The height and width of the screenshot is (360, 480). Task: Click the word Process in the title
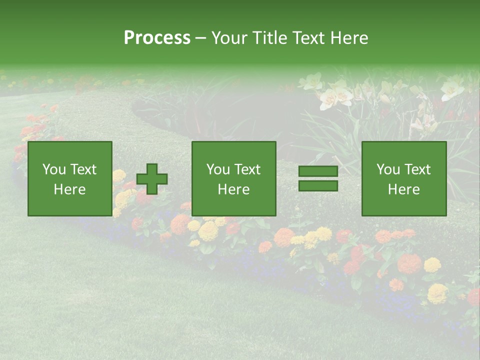pyautogui.click(x=157, y=38)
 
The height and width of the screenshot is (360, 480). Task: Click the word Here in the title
pyautogui.click(x=350, y=38)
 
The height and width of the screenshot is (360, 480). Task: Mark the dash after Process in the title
pyautogui.click(x=200, y=38)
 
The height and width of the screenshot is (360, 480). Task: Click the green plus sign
pyautogui.click(x=152, y=179)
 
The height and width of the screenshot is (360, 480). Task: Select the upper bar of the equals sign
pyautogui.click(x=318, y=171)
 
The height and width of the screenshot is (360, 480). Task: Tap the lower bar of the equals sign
pyautogui.click(x=318, y=186)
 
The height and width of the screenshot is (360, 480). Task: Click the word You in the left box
pyautogui.click(x=54, y=169)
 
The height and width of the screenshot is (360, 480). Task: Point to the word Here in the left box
pyautogui.click(x=69, y=189)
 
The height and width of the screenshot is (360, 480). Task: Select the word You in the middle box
pyautogui.click(x=218, y=169)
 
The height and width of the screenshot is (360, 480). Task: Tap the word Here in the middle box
pyautogui.click(x=233, y=189)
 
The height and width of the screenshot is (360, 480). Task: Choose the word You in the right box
pyautogui.click(x=388, y=169)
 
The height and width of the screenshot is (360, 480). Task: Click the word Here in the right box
pyautogui.click(x=403, y=189)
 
